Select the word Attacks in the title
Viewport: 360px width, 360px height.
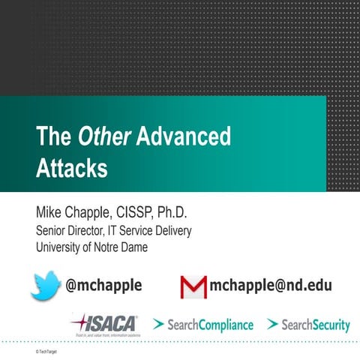pos(71,167)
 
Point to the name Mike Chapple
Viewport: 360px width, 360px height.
pos(74,212)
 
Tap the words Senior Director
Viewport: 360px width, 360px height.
pos(67,231)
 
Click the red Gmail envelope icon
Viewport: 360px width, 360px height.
pos(193,286)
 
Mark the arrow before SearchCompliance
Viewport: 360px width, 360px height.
pos(158,325)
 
